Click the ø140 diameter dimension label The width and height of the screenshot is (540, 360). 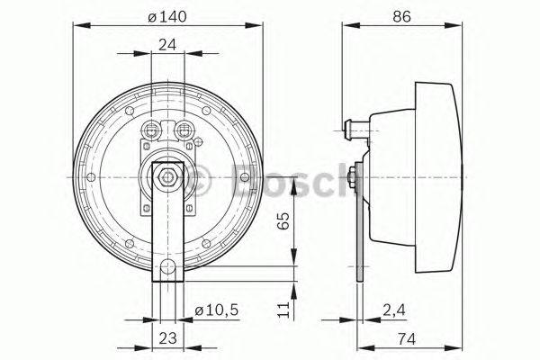tap(167, 16)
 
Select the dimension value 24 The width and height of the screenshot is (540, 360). tap(167, 45)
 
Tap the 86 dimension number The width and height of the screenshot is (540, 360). tap(402, 16)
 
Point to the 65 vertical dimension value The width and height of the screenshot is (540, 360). tap(283, 220)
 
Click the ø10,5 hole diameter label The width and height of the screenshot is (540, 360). tap(217, 310)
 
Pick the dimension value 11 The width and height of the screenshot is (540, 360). tap(283, 310)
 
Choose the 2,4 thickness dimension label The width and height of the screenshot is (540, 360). tap(394, 310)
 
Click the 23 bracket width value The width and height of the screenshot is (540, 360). tap(167, 338)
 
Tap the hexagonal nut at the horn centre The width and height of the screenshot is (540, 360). tap(167, 177)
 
